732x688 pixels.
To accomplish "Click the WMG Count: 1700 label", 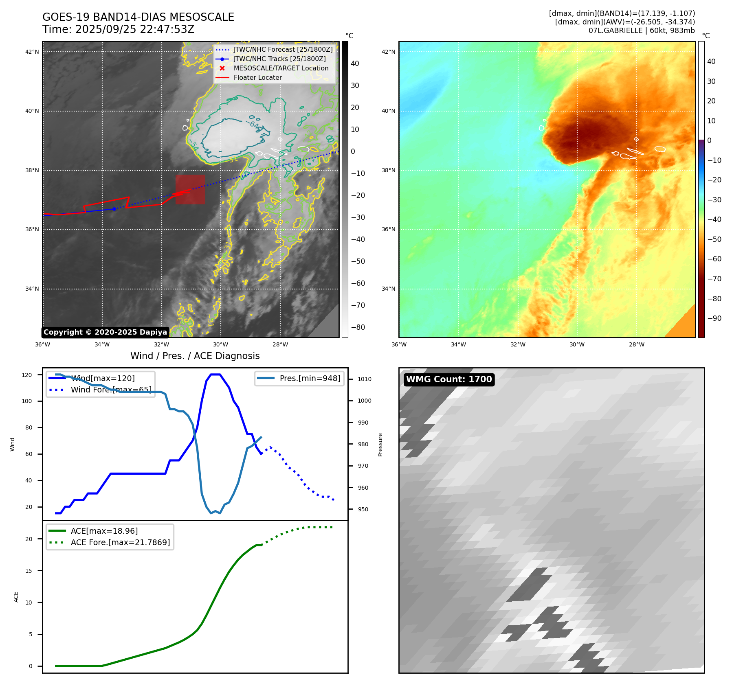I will coord(449,379).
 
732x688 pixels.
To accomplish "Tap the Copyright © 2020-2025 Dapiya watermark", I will coord(105,332).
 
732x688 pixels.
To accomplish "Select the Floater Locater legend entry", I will coord(257,78).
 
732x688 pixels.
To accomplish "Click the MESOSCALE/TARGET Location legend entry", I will coord(281,68).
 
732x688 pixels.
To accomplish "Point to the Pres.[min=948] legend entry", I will coord(310,378).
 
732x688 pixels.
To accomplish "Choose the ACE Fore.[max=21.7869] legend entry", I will coord(120,542).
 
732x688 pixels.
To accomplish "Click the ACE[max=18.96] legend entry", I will coord(104,531).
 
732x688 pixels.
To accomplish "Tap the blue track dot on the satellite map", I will coord(114,209).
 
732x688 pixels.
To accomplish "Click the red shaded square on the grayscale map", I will coord(190,190).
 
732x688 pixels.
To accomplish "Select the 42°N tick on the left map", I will coord(32,52).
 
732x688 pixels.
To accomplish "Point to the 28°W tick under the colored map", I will coord(636,344).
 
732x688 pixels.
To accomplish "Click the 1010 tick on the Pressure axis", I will coord(364,379).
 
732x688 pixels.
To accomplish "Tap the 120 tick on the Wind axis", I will coord(27,375).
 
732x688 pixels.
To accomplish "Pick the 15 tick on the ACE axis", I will coord(29,571).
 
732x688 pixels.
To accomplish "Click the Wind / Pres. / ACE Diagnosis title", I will coord(195,356).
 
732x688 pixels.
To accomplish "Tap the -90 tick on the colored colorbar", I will coord(714,318).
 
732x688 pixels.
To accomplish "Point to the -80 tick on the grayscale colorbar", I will coord(358,327).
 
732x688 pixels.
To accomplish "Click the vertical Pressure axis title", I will coord(380,445).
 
